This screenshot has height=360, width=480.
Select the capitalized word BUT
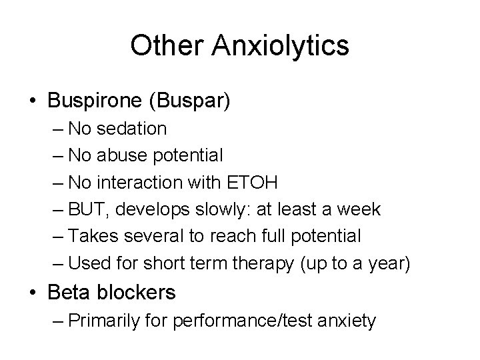pos(87,209)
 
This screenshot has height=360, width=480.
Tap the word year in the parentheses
pos(383,263)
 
